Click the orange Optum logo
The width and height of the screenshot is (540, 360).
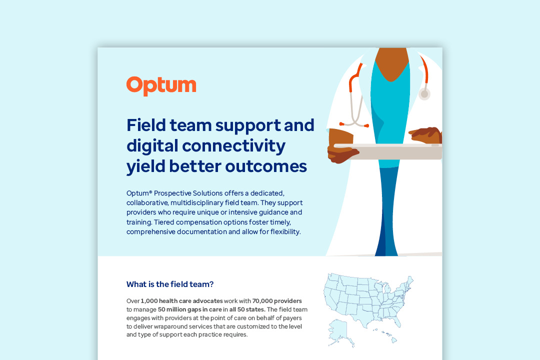pos(161,86)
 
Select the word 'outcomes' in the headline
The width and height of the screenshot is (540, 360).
pos(266,166)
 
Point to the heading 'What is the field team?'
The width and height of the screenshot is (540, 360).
pos(170,284)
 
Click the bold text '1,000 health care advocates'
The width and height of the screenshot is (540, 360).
pos(181,300)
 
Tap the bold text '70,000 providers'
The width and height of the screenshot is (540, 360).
pos(277,300)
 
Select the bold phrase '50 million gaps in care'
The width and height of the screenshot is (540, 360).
pos(190,309)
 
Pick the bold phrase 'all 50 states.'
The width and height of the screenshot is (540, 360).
pos(247,309)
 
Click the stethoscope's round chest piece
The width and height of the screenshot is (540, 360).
pos(424,93)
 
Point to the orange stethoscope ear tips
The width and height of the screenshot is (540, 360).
pos(353,124)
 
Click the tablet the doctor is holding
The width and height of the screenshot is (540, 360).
pos(388,151)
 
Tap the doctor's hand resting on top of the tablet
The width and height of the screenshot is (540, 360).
pos(425,135)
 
